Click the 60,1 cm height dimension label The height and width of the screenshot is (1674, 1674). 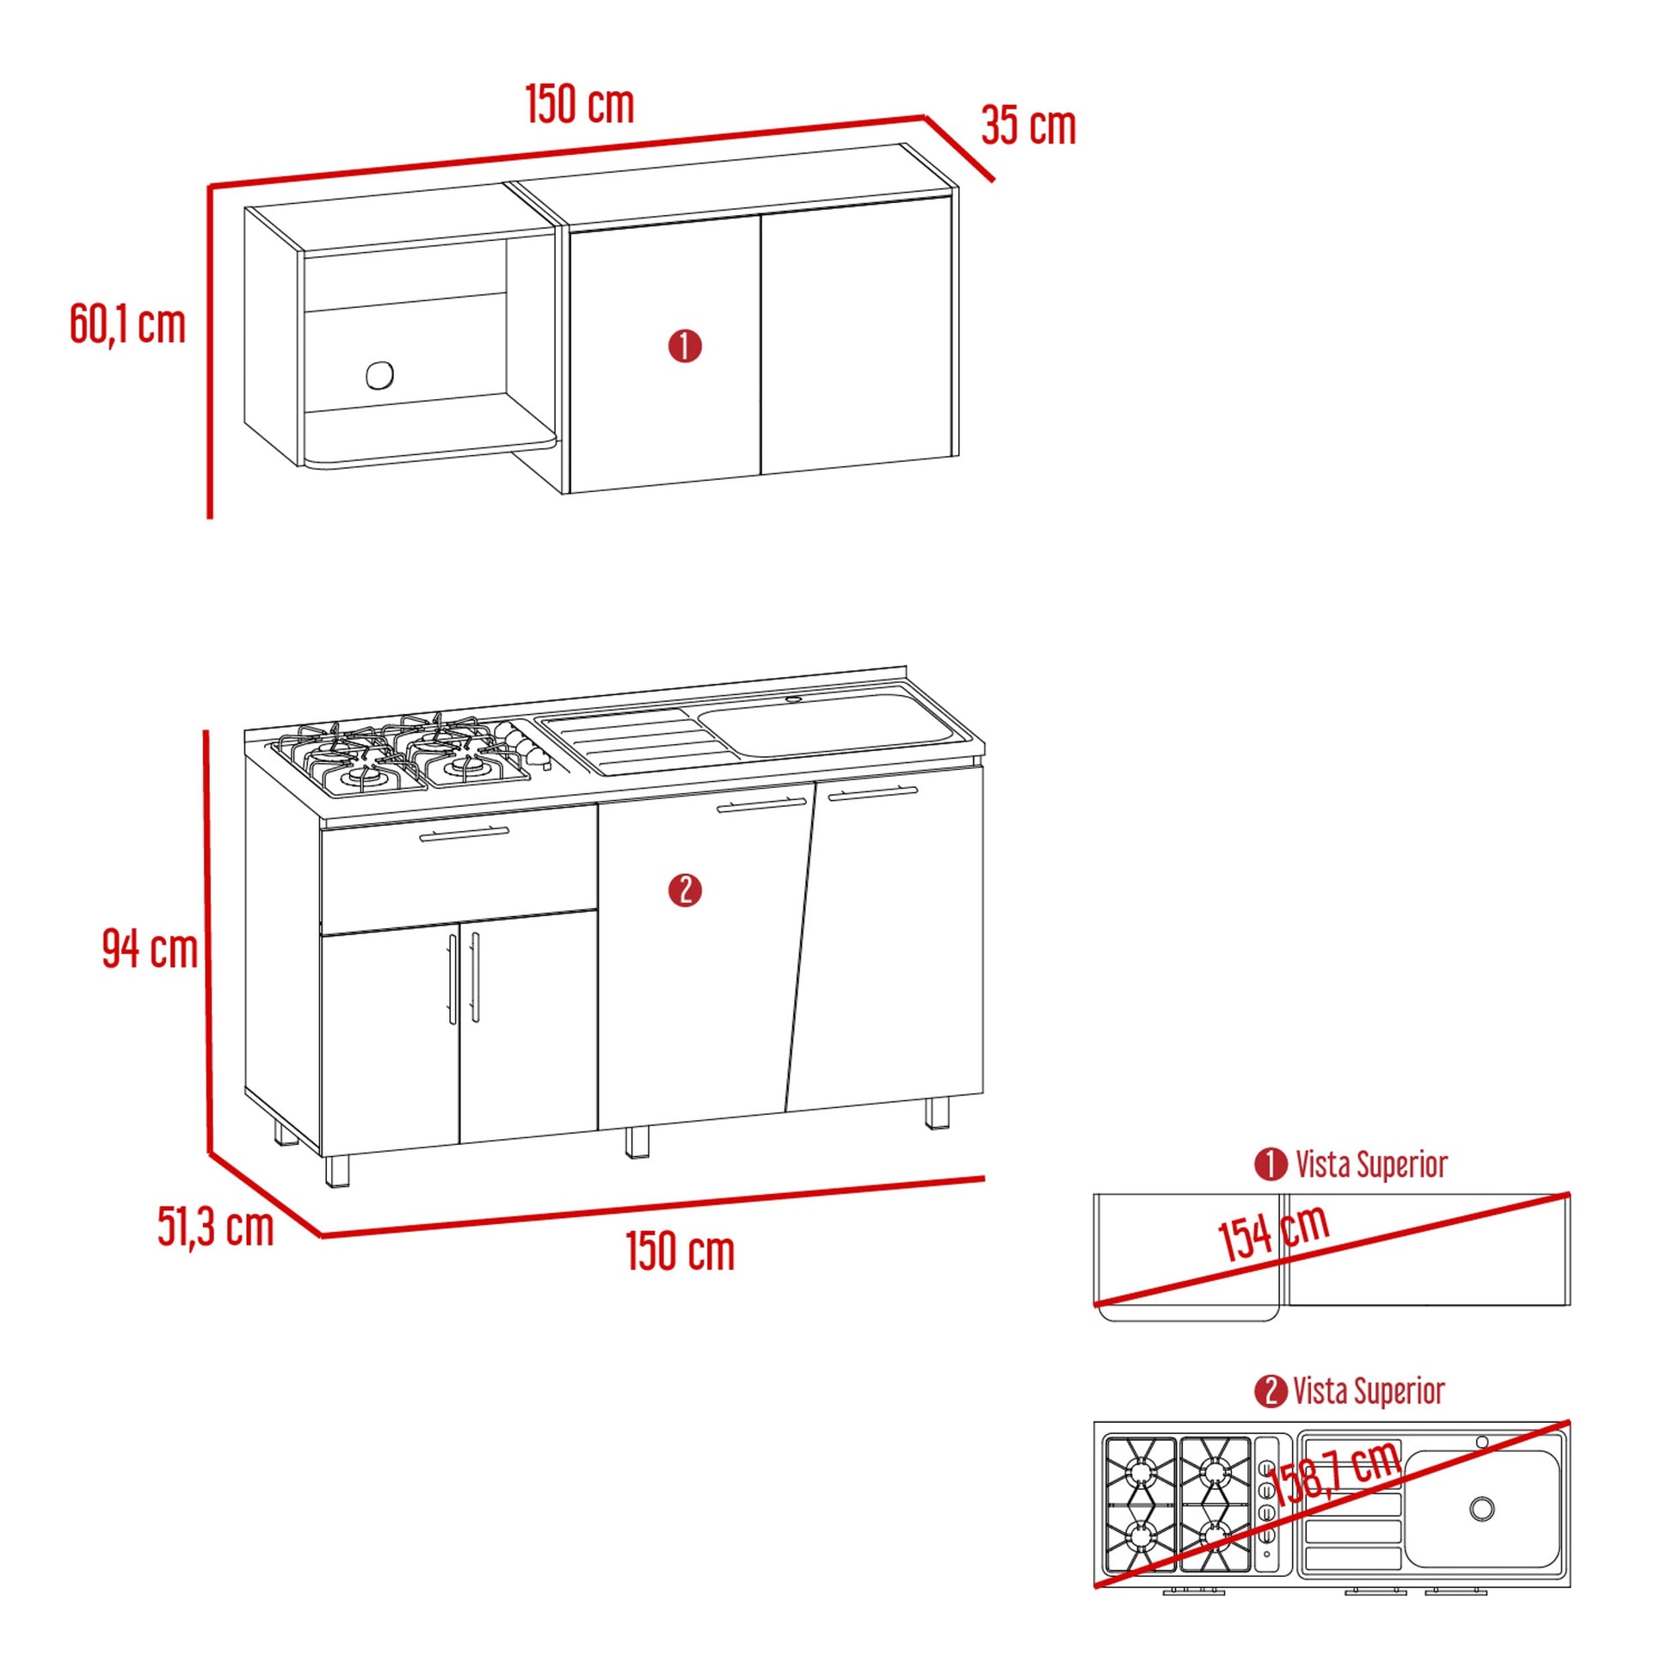pos(127,325)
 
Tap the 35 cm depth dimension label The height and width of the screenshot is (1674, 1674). pos(1029,126)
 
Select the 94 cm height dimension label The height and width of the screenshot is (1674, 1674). pos(150,948)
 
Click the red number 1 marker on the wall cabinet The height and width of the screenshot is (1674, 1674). pos(685,346)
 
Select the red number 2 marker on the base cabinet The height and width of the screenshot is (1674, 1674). pos(685,889)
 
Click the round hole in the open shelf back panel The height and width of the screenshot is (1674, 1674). pos(379,375)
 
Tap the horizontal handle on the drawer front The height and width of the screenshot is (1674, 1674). pos(465,834)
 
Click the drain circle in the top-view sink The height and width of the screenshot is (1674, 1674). pos(1482,1509)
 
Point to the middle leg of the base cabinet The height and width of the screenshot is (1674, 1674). pos(637,1142)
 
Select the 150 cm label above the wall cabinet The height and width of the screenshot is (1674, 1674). pos(580,104)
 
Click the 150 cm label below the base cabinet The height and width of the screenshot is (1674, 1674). pos(680,1251)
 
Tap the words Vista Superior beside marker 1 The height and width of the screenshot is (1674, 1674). pos(1371,1165)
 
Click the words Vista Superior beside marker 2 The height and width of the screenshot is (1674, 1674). pos(1369,1392)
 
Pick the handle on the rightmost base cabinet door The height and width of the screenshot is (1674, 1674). pos(871,792)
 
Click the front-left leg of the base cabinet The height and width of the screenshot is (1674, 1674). pos(337,1171)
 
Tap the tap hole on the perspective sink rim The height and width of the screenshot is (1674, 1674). pos(794,699)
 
